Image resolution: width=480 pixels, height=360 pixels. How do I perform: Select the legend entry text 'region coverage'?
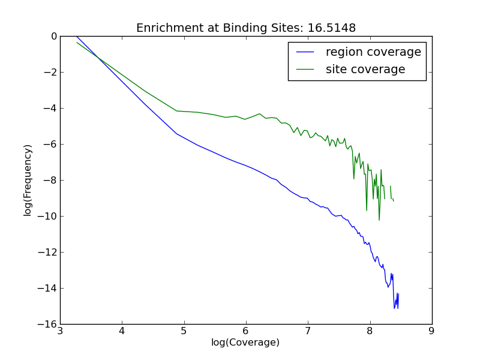(x=373, y=52)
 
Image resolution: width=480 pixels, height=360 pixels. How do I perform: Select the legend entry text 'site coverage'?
(x=365, y=70)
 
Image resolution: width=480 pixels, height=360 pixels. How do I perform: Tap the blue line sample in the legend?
(x=305, y=52)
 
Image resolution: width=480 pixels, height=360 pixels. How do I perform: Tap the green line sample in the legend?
(x=305, y=70)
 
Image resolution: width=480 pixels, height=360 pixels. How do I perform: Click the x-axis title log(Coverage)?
(x=245, y=343)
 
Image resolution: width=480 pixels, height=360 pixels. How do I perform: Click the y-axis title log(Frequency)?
(x=28, y=180)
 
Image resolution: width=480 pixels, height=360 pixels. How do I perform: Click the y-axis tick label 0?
(x=53, y=37)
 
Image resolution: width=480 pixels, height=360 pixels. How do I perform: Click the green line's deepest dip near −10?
(x=379, y=220)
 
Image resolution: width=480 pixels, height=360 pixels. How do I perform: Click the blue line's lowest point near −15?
(x=394, y=308)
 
